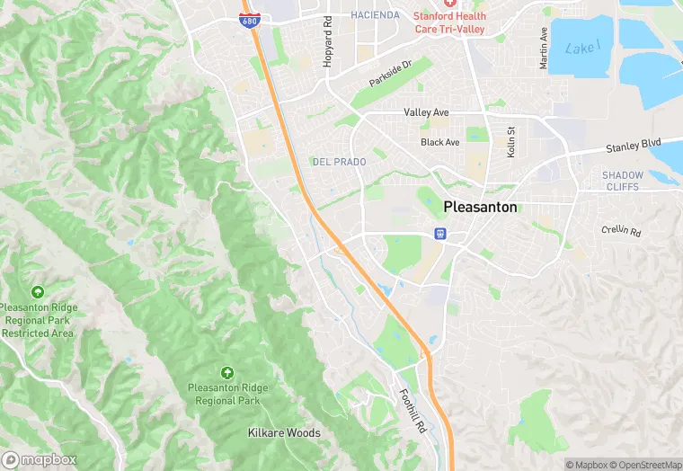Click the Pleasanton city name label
click(x=480, y=207)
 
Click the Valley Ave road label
click(x=426, y=112)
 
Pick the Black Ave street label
click(x=439, y=142)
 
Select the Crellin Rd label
click(x=621, y=232)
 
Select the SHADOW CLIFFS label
click(x=623, y=181)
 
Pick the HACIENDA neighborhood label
click(x=376, y=15)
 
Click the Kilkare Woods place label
click(x=284, y=433)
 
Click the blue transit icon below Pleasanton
click(x=439, y=234)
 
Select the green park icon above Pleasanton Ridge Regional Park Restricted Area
click(x=37, y=292)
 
